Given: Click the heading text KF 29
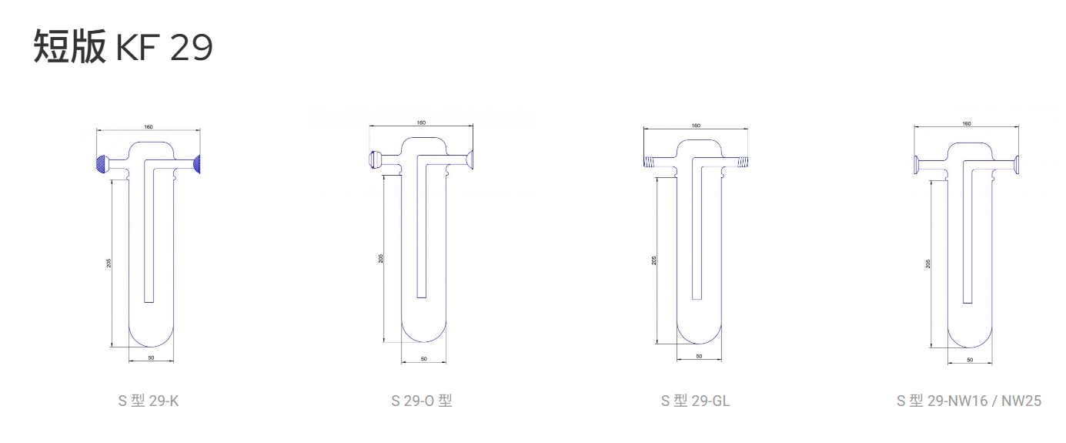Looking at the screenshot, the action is (x=164, y=47).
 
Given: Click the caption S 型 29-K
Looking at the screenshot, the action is (x=149, y=401).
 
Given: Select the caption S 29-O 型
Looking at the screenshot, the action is (x=422, y=401).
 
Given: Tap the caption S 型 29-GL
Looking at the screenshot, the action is (x=695, y=401).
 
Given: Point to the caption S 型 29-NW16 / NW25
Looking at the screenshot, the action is (x=969, y=401).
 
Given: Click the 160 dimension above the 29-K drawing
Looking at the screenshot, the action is (x=149, y=126).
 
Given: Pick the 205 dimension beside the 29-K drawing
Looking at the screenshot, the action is (x=109, y=263).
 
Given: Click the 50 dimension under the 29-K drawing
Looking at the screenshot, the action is (x=152, y=357).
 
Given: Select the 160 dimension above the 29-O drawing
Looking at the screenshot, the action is (x=421, y=122).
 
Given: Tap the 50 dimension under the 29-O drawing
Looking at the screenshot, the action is (x=424, y=359).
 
